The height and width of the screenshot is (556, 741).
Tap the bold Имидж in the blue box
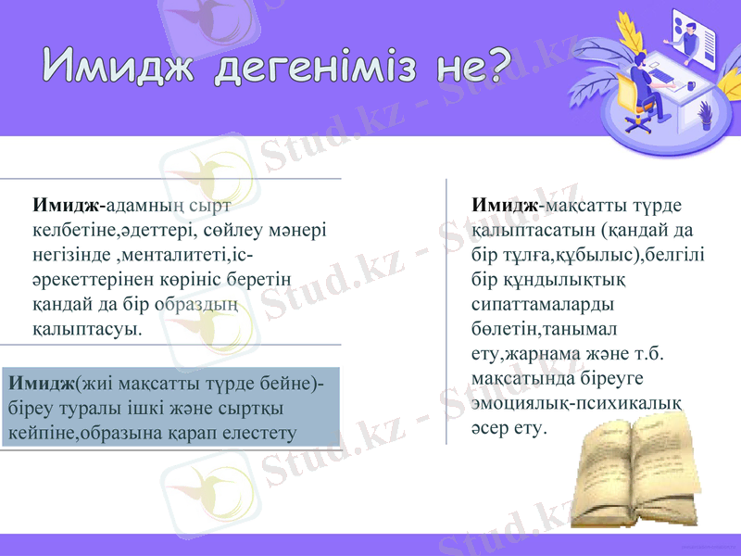point(41,384)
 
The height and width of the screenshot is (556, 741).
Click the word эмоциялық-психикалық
point(576,404)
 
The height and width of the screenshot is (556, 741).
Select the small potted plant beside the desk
point(705,114)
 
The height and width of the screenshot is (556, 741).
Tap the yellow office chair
point(630,97)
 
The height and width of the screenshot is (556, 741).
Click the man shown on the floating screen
point(690,31)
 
